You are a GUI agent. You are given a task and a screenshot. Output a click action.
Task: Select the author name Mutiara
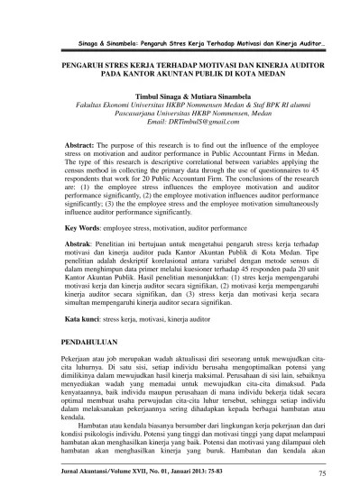209,94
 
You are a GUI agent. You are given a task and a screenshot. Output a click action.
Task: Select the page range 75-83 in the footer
221,469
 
